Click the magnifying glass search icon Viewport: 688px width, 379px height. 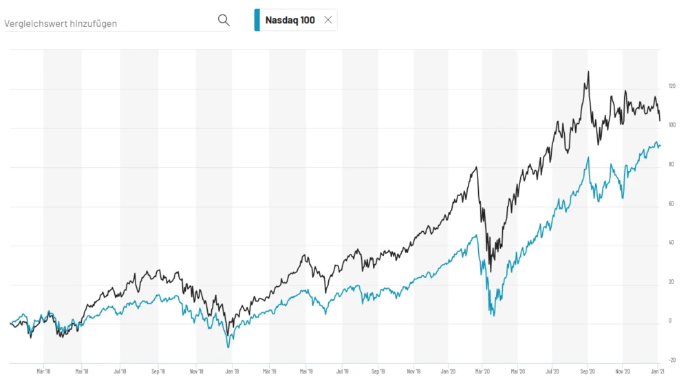click(x=224, y=20)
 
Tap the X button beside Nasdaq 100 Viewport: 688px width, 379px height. click(x=328, y=20)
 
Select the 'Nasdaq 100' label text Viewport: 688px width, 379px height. click(x=290, y=20)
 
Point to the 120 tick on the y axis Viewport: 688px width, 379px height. click(x=671, y=86)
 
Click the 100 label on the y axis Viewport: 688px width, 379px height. click(x=671, y=125)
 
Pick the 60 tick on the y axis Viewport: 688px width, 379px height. click(x=670, y=204)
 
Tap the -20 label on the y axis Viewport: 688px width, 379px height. click(x=671, y=360)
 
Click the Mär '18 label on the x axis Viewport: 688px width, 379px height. click(x=44, y=370)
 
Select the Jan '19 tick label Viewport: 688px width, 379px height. click(x=232, y=370)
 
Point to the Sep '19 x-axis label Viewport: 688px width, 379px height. click(x=378, y=370)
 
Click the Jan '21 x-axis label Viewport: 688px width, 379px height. click(x=658, y=370)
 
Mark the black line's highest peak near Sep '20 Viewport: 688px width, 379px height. click(x=588, y=72)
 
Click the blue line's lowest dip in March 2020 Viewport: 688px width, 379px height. click(x=493, y=316)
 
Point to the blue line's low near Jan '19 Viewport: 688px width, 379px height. click(x=228, y=347)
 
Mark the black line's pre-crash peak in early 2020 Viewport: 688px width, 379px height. click(x=476, y=167)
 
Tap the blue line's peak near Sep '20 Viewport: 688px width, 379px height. click(x=588, y=158)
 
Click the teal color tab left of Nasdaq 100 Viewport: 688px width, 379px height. click(x=257, y=20)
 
